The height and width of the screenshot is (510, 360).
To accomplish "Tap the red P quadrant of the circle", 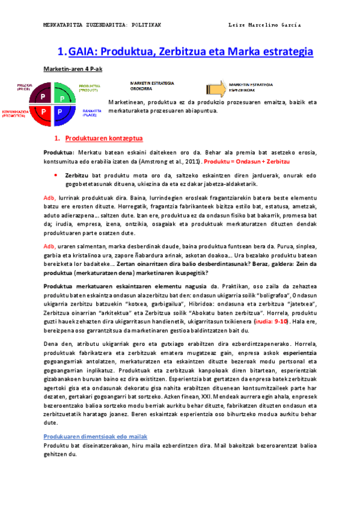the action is pyautogui.click(x=44, y=111).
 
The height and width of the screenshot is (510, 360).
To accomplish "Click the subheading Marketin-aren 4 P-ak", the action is pyautogui.click(x=73, y=69).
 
